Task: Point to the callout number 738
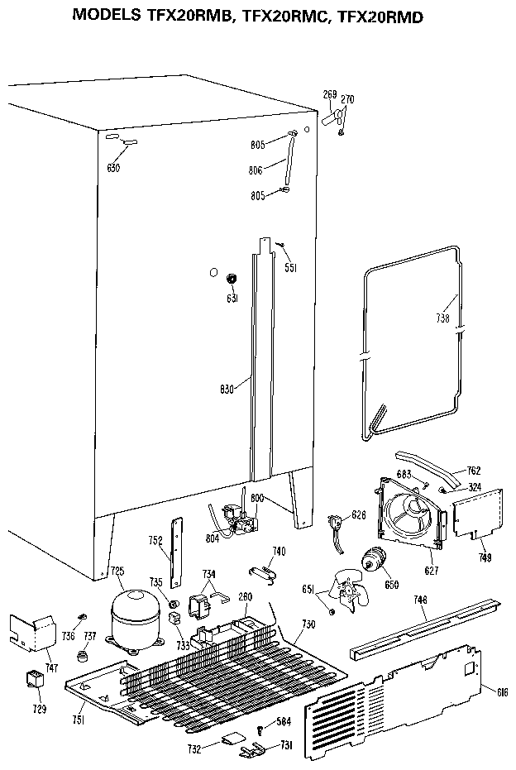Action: pos(443,318)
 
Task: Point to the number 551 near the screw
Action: pos(291,267)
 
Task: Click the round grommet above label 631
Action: pos(232,278)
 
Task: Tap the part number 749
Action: pos(485,558)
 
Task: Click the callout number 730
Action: pos(308,624)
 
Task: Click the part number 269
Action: pos(329,94)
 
